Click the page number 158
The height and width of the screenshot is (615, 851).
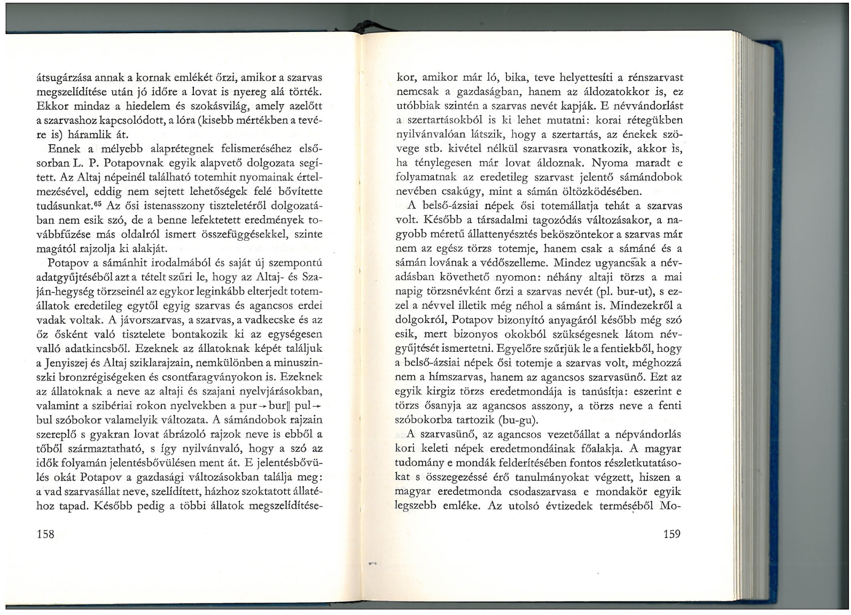point(45,533)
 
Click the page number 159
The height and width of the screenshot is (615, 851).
point(672,533)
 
